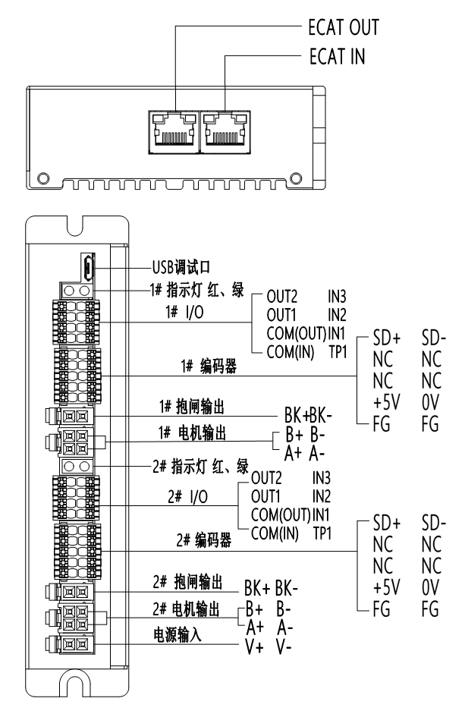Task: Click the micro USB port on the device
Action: (89, 267)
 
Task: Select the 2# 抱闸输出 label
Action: (188, 581)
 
